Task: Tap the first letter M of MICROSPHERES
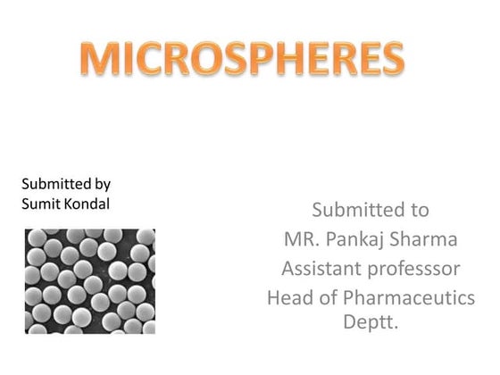(99, 59)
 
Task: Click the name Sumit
(38, 203)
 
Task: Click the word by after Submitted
(103, 185)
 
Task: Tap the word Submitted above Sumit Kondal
(56, 184)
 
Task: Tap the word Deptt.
(371, 321)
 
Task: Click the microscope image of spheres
(90, 280)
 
